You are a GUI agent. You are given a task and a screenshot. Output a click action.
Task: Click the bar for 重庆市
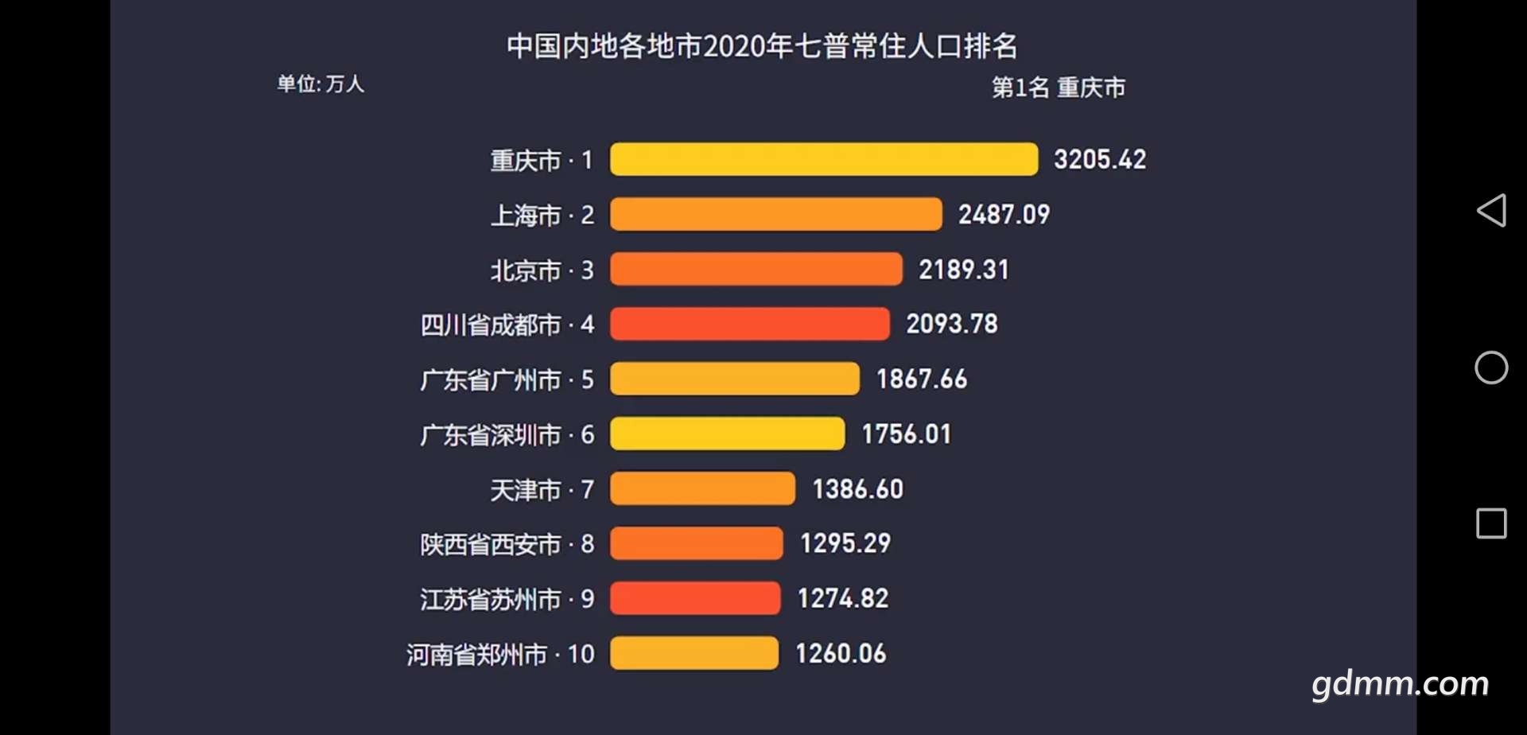coord(823,159)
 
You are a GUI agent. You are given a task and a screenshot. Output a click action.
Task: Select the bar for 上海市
coord(775,214)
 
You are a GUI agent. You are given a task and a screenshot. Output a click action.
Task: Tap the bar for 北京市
coord(756,269)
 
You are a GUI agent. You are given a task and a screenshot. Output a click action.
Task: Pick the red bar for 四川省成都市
coord(749,324)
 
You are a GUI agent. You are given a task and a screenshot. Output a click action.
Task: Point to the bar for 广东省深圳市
coord(727,434)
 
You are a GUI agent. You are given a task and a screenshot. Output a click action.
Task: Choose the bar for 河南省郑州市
coord(694,653)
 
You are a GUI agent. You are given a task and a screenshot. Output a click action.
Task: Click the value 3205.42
coord(1100,159)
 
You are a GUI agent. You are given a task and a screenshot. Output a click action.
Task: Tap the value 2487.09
coord(1004,214)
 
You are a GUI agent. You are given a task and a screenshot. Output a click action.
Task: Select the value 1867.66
coord(922,379)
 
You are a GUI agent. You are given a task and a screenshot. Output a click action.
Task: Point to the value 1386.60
coord(857,488)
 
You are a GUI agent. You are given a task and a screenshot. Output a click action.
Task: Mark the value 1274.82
coord(843,598)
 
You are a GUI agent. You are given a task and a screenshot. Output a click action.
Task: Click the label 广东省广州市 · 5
coord(507,379)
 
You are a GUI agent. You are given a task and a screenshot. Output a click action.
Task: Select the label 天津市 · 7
coord(542,489)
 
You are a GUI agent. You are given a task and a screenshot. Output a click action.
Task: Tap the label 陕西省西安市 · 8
coord(507,544)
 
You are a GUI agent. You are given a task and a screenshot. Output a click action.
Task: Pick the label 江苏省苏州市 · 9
coord(507,599)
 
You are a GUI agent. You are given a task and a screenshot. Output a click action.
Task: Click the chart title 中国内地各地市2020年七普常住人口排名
coord(762,46)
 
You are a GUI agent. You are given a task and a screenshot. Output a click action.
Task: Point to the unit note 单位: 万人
coord(321,84)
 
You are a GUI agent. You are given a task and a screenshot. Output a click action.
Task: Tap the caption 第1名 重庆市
coord(1058,87)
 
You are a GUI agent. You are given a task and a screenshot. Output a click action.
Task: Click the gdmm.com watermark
coord(1400,684)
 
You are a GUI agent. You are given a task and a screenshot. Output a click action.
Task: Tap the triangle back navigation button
coord(1491,211)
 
